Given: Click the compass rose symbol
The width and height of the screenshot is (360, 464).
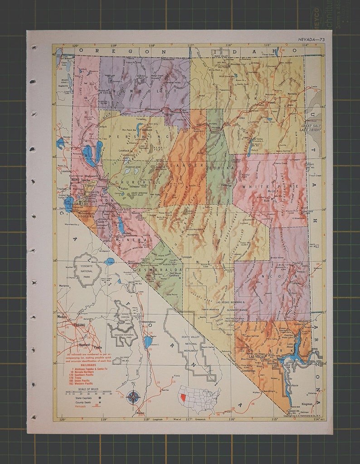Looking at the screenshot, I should (x=133, y=397).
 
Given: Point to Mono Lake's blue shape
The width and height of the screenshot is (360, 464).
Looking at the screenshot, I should (x=109, y=261).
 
